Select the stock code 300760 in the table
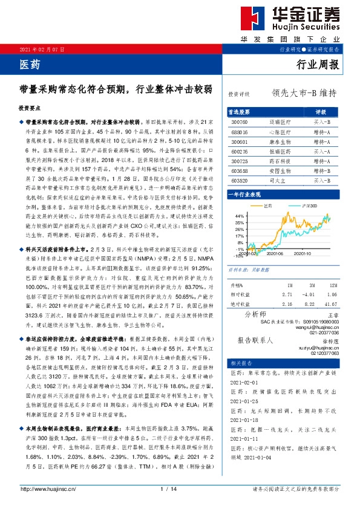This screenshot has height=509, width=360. coord(240,122)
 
